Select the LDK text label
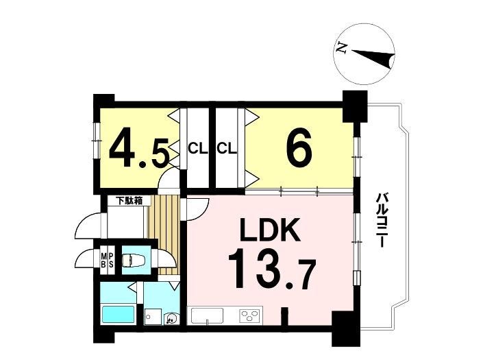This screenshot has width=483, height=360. click(x=270, y=230)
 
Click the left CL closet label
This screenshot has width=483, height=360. click(x=198, y=149)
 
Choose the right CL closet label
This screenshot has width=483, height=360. click(x=227, y=149)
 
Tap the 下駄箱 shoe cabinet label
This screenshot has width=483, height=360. click(x=129, y=201)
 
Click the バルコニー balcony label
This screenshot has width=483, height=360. click(x=382, y=219)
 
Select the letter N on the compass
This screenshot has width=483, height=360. click(x=341, y=48)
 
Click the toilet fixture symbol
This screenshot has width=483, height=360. click(x=131, y=260)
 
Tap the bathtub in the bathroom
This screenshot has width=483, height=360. click(x=119, y=314)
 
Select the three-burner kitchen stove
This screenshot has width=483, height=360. click(x=250, y=315)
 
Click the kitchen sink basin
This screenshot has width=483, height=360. click(x=208, y=315)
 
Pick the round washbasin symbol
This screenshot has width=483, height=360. click(x=170, y=318)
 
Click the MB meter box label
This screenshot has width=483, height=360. click(x=104, y=260)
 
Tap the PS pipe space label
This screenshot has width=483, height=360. click(x=111, y=260)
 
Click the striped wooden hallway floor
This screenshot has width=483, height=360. click(x=164, y=235)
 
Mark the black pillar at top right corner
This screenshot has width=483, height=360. click(x=355, y=106)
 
